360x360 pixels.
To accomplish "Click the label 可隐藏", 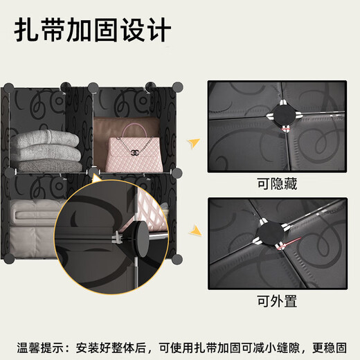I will point(278,183).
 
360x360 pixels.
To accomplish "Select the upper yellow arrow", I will point(195,145).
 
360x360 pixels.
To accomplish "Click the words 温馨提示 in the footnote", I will point(42,345).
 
